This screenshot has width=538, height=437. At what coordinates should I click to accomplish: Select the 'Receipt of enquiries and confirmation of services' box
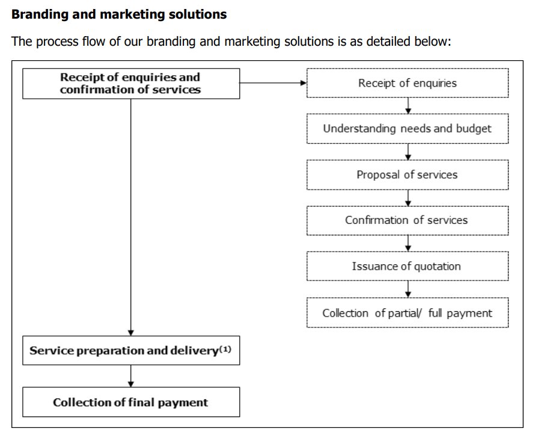pyautogui.click(x=130, y=83)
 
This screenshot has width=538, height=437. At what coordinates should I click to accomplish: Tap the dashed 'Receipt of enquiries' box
pyautogui.click(x=407, y=83)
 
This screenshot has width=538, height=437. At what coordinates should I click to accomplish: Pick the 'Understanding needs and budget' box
pyautogui.click(x=407, y=128)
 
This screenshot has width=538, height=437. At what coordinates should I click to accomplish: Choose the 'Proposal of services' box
pyautogui.click(x=407, y=175)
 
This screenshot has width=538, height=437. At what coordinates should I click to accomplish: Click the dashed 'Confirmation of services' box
pyautogui.click(x=407, y=220)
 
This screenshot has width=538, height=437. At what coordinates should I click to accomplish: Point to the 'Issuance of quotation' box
pyautogui.click(x=407, y=266)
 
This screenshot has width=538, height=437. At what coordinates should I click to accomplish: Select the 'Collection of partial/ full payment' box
pyautogui.click(x=407, y=313)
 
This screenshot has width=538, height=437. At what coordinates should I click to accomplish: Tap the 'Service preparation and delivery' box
pyautogui.click(x=130, y=350)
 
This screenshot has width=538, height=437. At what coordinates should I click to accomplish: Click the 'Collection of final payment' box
pyautogui.click(x=130, y=402)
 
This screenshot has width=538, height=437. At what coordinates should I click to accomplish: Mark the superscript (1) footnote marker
pyautogui.click(x=225, y=347)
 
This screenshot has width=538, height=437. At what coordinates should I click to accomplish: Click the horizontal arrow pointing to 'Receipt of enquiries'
pyautogui.click(x=273, y=83)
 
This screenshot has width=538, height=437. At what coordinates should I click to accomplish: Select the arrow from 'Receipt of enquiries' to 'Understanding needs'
pyautogui.click(x=408, y=106)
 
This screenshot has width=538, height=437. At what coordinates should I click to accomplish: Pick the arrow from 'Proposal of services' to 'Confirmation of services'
pyautogui.click(x=408, y=197)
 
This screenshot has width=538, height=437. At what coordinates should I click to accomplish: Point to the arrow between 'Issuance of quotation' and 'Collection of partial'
pyautogui.click(x=408, y=289)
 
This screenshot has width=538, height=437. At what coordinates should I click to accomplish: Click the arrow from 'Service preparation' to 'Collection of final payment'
pyautogui.click(x=130, y=376)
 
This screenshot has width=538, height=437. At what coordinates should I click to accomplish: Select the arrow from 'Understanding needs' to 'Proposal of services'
pyautogui.click(x=408, y=152)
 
